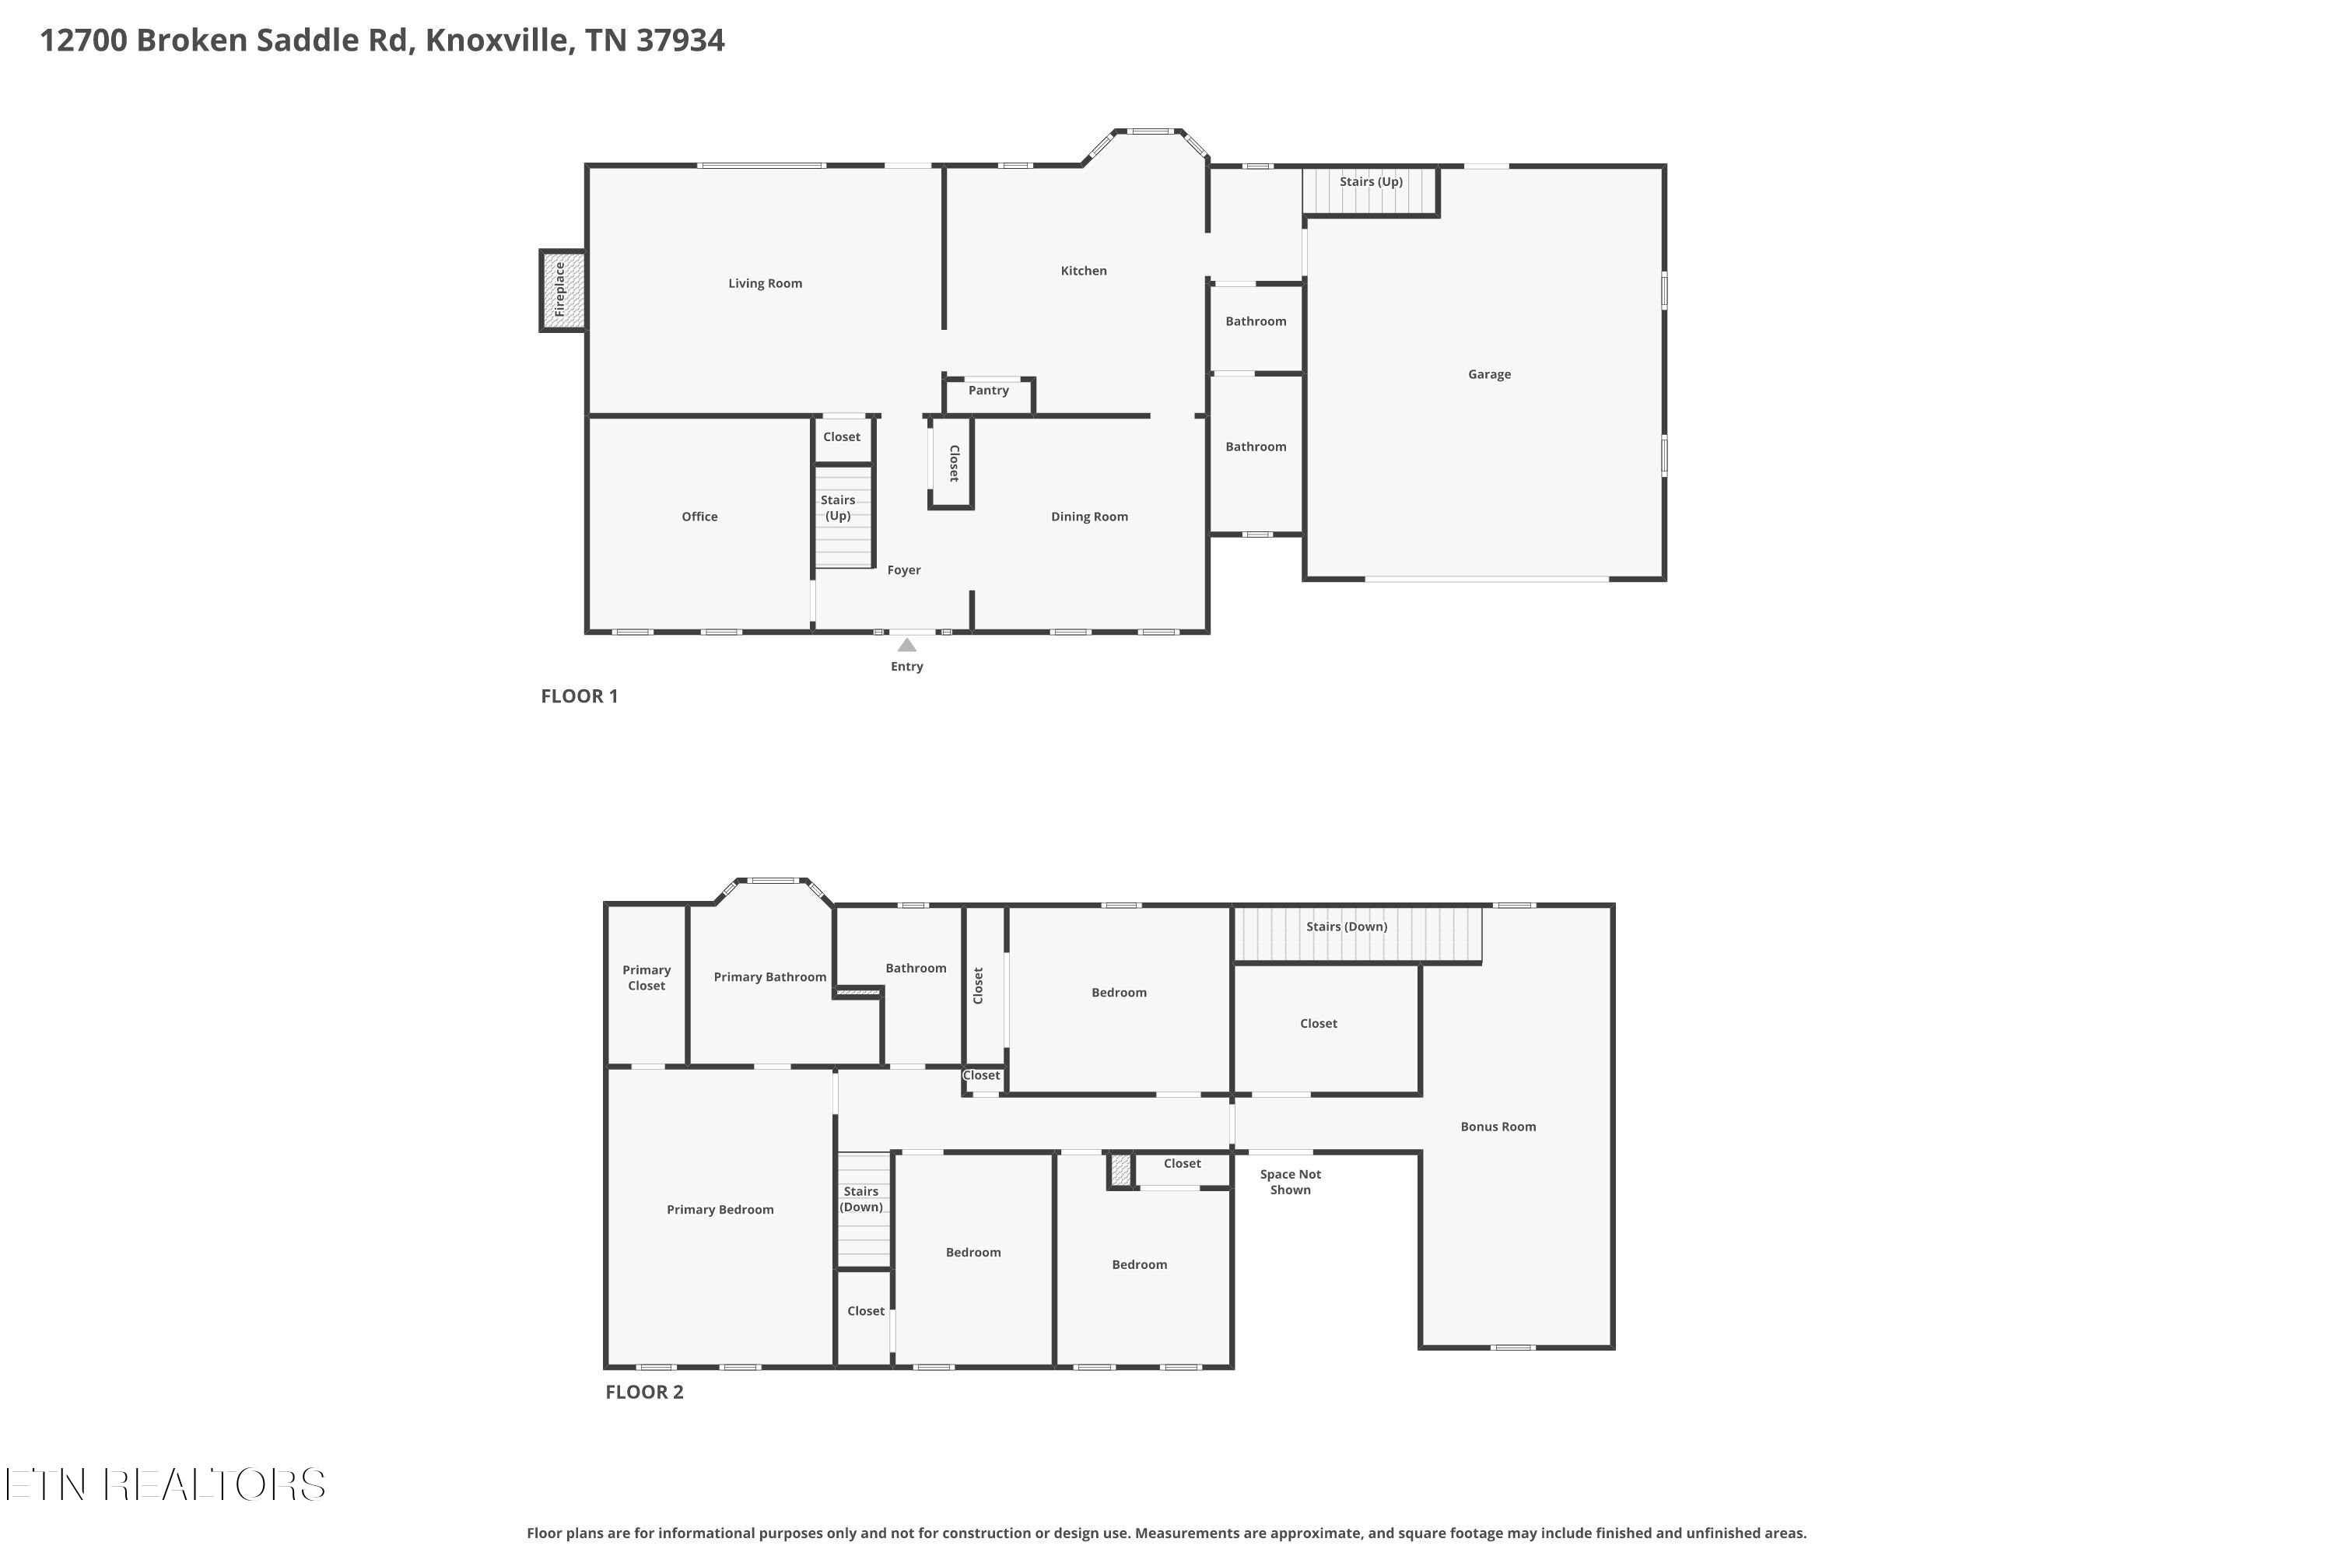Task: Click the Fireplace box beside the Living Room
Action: (x=562, y=289)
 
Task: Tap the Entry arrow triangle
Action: (x=907, y=645)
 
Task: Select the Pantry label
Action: (x=988, y=390)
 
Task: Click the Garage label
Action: (x=1490, y=374)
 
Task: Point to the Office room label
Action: (x=699, y=516)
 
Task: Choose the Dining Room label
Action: (x=1090, y=516)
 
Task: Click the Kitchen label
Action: (x=1084, y=270)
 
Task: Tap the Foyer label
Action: (x=904, y=569)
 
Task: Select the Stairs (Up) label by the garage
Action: (x=1372, y=181)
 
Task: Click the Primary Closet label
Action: (x=647, y=977)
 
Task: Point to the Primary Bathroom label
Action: (x=770, y=977)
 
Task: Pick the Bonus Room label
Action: (x=1498, y=1127)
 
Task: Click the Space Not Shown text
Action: (x=1291, y=1182)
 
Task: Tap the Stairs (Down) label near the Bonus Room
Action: (x=1347, y=926)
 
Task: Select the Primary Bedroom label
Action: (x=720, y=1210)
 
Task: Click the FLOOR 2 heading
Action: (x=645, y=1391)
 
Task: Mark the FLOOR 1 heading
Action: (x=580, y=696)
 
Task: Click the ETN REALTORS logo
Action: (x=166, y=1484)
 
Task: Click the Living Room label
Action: (x=765, y=283)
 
